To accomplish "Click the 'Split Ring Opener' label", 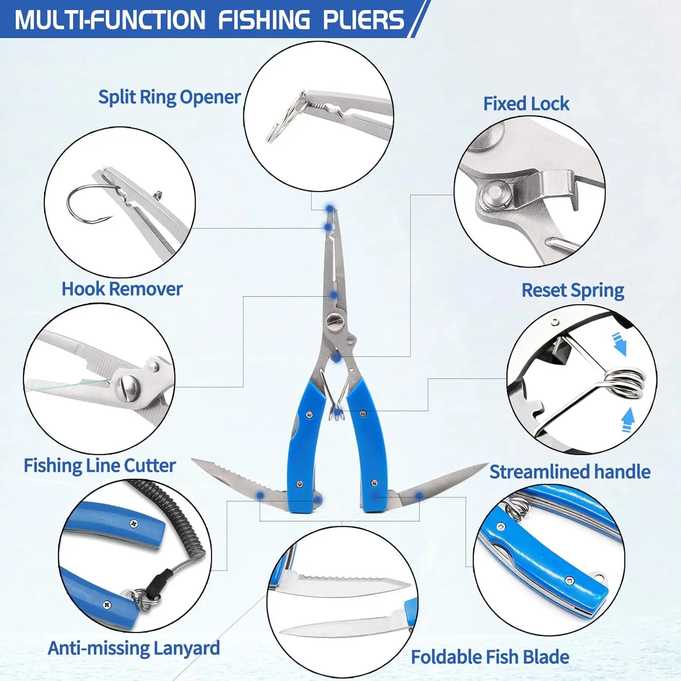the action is tap(169, 97).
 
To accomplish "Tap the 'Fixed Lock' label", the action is tap(526, 104).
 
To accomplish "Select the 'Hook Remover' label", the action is tap(122, 289).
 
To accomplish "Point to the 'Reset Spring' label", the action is tap(573, 291).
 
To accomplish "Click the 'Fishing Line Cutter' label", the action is tap(100, 466).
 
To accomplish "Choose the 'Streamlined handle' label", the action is tap(570, 472).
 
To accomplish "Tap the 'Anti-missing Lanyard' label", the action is tap(134, 648).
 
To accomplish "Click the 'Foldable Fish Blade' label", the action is tap(490, 657).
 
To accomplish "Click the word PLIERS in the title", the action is tap(363, 20).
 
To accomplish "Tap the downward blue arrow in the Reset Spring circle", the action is tap(619, 344).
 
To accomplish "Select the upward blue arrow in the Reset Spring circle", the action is tap(627, 420).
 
